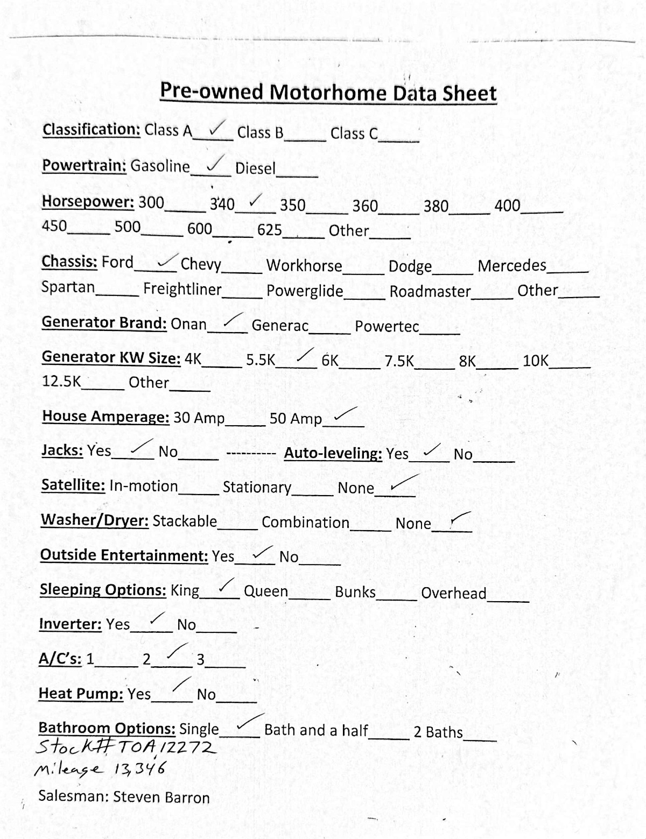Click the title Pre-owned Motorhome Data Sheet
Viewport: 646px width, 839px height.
328,93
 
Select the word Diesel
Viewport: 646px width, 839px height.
255,168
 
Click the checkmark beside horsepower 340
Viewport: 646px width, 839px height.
256,201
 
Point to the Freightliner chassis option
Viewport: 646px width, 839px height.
182,289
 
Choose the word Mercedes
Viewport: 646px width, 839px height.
512,266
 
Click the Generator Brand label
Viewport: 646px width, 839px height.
104,322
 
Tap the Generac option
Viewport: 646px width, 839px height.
280,326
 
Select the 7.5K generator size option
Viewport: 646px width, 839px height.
399,361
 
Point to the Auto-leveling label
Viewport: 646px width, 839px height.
333,454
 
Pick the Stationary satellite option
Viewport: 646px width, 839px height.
257,488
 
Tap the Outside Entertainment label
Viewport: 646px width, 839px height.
124,555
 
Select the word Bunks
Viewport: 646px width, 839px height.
355,592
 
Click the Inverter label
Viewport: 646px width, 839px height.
70,624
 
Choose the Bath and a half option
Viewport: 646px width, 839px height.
316,730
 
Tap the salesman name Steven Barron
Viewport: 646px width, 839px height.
161,797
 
